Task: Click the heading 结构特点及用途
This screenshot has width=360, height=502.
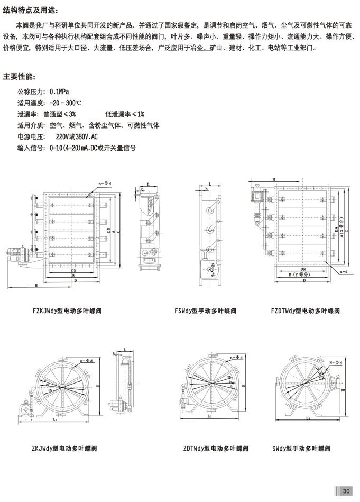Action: (x=31, y=11)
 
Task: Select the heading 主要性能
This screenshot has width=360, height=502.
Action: (x=22, y=76)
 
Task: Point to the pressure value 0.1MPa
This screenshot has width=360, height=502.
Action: (x=59, y=91)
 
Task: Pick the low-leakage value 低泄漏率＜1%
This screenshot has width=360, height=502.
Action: (x=124, y=114)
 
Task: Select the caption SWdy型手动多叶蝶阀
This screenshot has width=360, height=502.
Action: (x=301, y=449)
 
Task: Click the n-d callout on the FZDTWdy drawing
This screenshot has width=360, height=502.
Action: (x=344, y=272)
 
